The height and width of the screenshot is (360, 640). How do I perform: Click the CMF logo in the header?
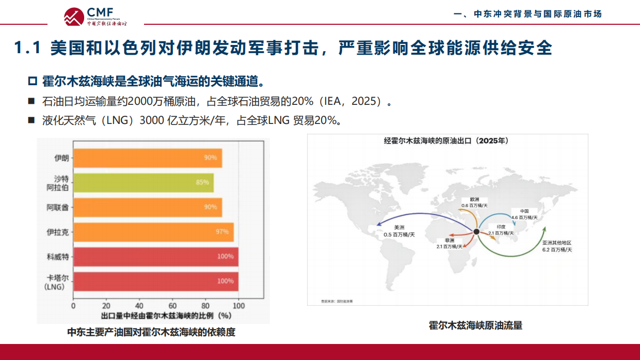click(x=95, y=16)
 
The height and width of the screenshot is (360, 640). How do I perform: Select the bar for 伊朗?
click(x=148, y=158)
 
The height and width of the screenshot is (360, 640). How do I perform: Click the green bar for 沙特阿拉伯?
click(x=143, y=182)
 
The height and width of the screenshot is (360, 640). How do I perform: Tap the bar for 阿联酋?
click(x=148, y=207)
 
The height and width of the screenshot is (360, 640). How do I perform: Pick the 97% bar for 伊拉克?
click(x=153, y=232)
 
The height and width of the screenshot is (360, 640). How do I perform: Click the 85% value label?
click(x=202, y=182)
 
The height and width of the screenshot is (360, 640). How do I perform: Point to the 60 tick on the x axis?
click(x=172, y=305)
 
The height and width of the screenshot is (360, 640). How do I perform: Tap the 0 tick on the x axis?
click(x=73, y=305)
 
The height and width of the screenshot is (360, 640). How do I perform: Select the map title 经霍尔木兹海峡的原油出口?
click(x=446, y=141)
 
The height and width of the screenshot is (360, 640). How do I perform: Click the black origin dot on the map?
click(x=476, y=231)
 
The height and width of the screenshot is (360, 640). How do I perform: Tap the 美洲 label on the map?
click(x=399, y=227)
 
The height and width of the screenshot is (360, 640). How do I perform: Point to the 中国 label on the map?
click(x=524, y=211)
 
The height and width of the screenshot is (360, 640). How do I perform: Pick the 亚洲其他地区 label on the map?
click(x=556, y=243)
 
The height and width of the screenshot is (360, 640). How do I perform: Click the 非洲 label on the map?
click(x=449, y=241)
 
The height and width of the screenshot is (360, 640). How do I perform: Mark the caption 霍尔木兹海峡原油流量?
click(x=475, y=325)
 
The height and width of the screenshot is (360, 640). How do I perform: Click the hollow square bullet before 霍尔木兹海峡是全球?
click(x=33, y=82)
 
